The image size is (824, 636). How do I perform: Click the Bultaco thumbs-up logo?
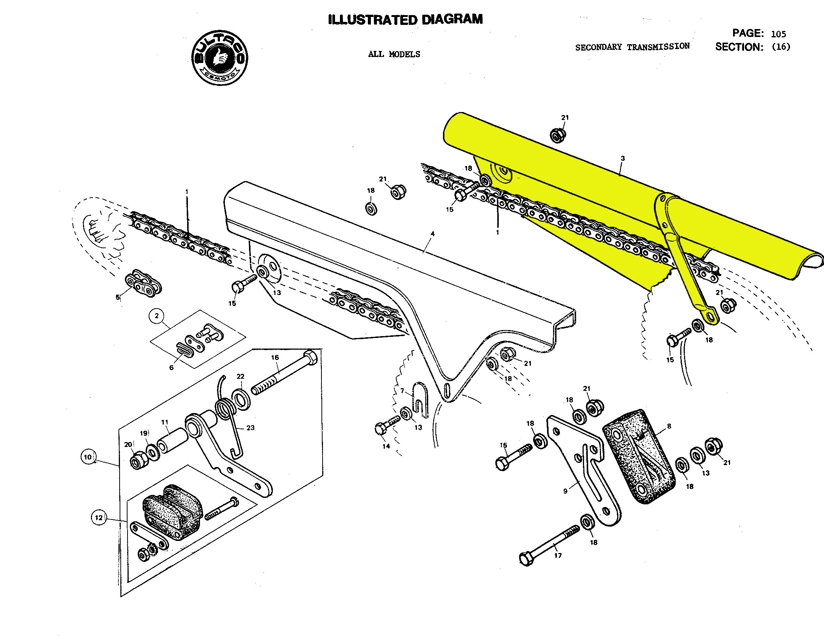[x=220, y=58]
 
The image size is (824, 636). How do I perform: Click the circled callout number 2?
[x=157, y=315]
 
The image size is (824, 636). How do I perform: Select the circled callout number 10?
[x=88, y=457]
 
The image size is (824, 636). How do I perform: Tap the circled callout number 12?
[x=98, y=518]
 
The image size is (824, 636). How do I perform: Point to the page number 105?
[x=778, y=34]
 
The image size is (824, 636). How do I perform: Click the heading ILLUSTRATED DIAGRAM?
[x=405, y=20]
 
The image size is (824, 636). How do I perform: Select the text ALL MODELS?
[x=394, y=54]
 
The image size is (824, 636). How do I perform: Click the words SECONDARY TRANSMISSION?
[x=632, y=47]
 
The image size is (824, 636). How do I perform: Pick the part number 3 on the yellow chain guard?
[x=623, y=158]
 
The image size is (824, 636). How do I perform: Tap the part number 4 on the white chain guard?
[x=432, y=234]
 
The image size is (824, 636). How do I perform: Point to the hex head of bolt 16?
[x=311, y=356]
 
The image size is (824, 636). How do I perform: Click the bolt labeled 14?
[x=386, y=426]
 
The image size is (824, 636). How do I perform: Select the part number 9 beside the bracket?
[x=565, y=491]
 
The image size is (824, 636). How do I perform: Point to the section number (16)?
[x=781, y=47]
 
